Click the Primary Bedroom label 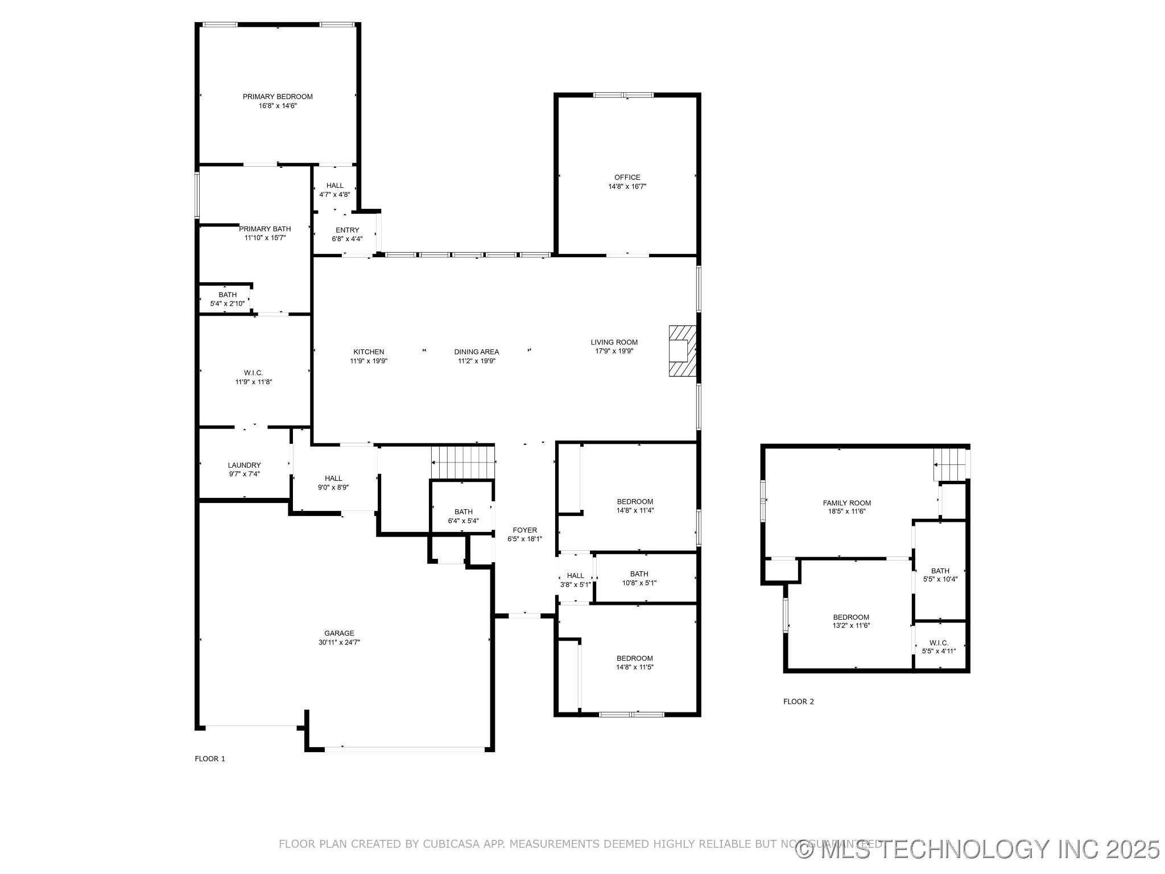tap(278, 97)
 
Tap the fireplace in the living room tap(681, 351)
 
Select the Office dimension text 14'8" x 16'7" tap(627, 187)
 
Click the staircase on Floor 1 tap(462, 462)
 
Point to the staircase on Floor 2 tap(950, 464)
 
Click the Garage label tap(339, 633)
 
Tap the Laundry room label tap(244, 465)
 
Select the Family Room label tap(846, 503)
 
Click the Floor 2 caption tap(798, 702)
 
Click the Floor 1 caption tap(210, 758)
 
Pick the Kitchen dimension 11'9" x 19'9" tap(369, 361)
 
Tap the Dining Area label tap(476, 352)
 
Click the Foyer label tap(524, 530)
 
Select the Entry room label tap(347, 230)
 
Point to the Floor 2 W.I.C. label tap(940, 642)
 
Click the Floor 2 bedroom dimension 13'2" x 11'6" tap(851, 625)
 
